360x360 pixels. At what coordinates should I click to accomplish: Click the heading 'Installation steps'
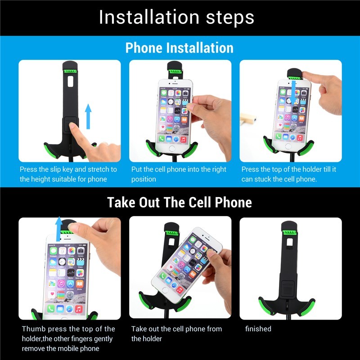[176, 17]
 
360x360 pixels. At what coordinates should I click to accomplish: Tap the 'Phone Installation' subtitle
[179, 48]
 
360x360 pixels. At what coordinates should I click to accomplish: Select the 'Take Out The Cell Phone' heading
[179, 202]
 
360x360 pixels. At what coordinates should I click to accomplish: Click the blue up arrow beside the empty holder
[88, 116]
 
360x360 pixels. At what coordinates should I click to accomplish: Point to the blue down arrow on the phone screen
[293, 92]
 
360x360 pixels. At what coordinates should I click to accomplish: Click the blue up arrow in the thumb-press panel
[59, 229]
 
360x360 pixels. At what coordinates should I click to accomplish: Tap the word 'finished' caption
[258, 329]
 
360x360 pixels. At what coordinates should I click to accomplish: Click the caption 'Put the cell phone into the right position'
[179, 174]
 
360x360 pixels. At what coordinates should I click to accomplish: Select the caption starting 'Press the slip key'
[68, 174]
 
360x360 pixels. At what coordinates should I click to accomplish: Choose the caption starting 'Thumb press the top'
[68, 339]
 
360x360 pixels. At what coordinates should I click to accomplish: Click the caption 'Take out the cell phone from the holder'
[176, 333]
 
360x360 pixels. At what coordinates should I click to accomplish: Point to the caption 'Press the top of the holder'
[288, 174]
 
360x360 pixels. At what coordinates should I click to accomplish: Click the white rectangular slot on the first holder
[71, 81]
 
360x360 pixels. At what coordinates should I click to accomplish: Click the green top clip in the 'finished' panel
[289, 233]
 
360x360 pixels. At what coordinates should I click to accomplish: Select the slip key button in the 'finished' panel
[289, 289]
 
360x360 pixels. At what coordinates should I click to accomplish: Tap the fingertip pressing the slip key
[73, 126]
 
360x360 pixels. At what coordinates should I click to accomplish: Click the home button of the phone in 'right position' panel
[172, 148]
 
